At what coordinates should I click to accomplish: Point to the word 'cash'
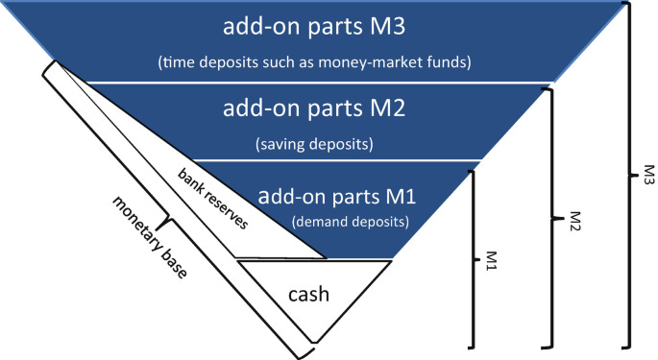click(309, 294)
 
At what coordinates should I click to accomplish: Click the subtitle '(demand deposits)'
click(348, 223)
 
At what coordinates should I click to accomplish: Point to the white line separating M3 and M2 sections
click(317, 83)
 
